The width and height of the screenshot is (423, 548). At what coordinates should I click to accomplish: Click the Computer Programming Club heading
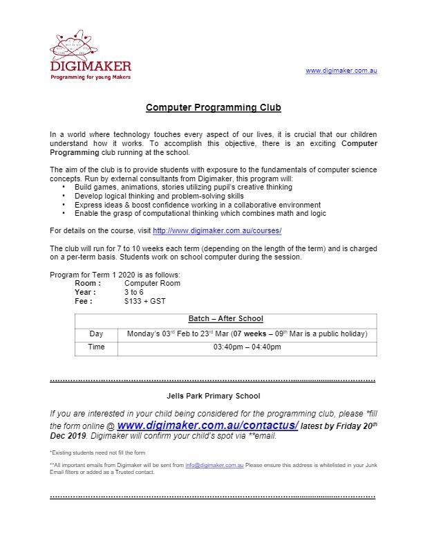pos(214,108)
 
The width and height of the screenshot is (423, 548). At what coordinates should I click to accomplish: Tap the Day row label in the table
pos(96,334)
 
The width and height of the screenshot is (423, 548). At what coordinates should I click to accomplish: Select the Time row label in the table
pos(96,347)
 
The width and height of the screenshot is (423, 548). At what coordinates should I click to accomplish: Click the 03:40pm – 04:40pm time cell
pos(247,347)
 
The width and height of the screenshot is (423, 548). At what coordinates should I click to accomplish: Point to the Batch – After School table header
pos(226,319)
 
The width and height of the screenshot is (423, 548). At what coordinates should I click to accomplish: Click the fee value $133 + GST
pos(145,301)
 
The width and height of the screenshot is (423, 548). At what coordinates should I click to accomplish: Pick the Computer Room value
pos(152,283)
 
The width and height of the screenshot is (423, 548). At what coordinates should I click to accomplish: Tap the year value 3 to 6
pos(134,292)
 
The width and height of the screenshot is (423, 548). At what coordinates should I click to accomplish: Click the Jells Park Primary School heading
pos(214,396)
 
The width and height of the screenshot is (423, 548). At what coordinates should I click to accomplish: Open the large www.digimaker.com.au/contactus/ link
pos(207,425)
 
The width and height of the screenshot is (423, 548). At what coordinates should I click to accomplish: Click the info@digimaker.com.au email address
pos(213,466)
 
